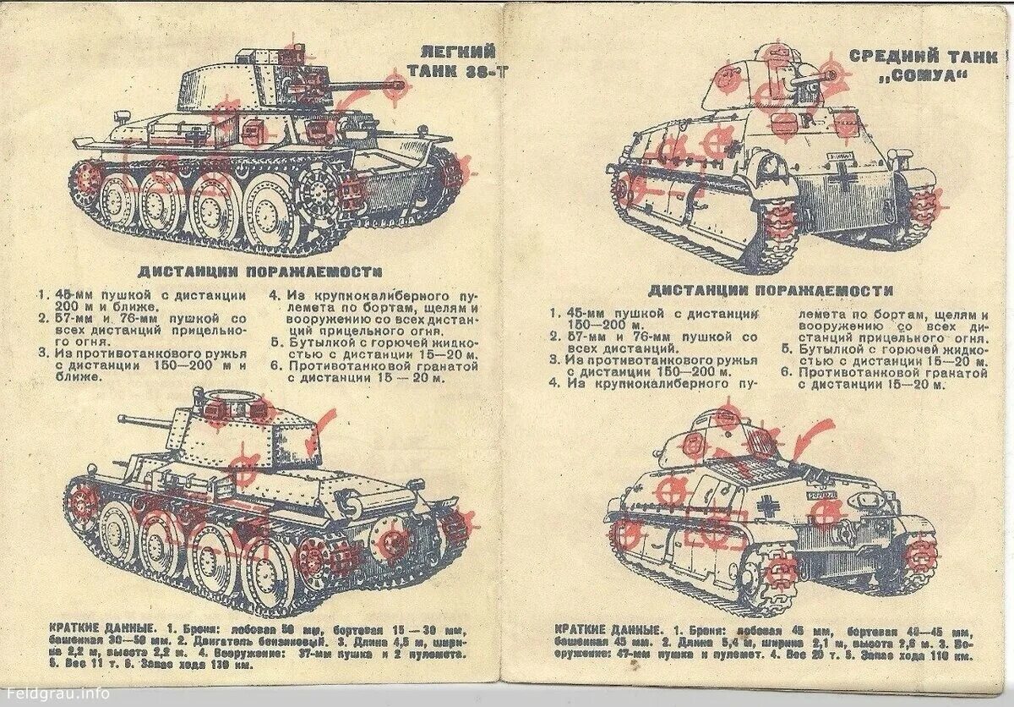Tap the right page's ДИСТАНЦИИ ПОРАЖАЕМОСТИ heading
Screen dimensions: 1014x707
pyautogui.click(x=771, y=290)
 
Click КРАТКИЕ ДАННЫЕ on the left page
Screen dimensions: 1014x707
pyautogui.click(x=83, y=628)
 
